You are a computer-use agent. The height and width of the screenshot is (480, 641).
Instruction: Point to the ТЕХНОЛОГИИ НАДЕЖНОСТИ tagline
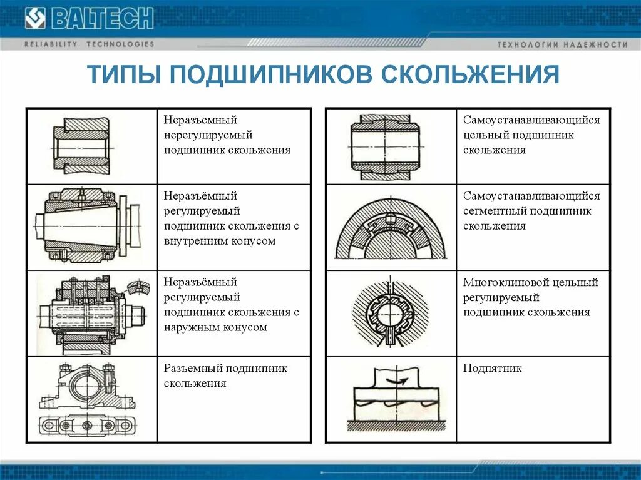point(562,45)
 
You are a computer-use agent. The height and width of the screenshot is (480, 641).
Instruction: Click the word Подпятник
point(492,369)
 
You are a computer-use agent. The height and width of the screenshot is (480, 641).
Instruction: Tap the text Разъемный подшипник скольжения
point(225,375)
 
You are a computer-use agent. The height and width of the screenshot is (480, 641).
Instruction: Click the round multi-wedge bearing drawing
point(390,314)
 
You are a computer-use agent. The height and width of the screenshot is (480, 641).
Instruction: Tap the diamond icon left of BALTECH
point(35,18)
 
